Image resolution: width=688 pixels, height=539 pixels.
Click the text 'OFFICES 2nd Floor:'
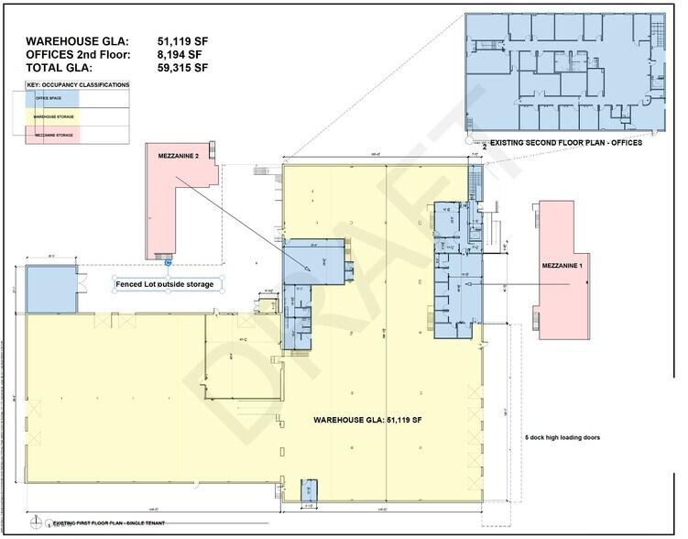pyautogui.click(x=78, y=54)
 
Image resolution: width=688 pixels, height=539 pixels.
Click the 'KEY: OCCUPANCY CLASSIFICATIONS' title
pyautogui.click(x=78, y=84)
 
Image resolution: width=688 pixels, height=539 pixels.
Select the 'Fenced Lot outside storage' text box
pyautogui.click(x=165, y=284)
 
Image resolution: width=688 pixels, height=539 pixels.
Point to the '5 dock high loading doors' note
pyautogui.click(x=562, y=437)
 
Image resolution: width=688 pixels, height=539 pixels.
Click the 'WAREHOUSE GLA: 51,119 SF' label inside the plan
pyautogui.click(x=366, y=419)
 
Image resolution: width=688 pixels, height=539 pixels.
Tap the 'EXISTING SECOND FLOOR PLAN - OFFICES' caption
pyautogui.click(x=566, y=144)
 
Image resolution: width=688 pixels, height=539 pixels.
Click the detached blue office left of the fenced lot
pyautogui.click(x=50, y=289)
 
